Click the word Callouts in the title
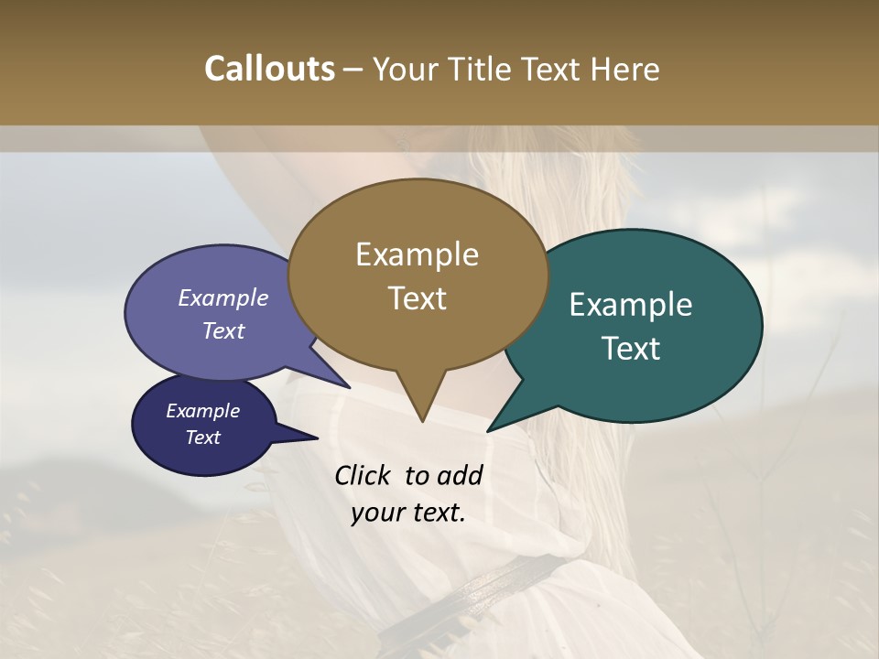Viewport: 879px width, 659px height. coord(269,70)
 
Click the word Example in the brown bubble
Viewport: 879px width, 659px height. coord(417,254)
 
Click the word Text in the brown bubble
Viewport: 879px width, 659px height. coord(417,298)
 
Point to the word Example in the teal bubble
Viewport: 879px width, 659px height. coord(631,305)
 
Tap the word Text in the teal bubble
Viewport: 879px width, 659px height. coord(631,349)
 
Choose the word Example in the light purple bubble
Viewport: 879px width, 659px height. coord(223,298)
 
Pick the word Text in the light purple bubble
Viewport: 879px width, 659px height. coord(223,330)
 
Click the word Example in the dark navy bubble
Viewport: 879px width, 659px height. coord(202,411)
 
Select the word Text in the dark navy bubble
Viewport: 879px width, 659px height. coord(202,438)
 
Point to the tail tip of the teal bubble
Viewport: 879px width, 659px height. coord(489,430)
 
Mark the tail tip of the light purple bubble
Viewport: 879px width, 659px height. coord(349,387)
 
